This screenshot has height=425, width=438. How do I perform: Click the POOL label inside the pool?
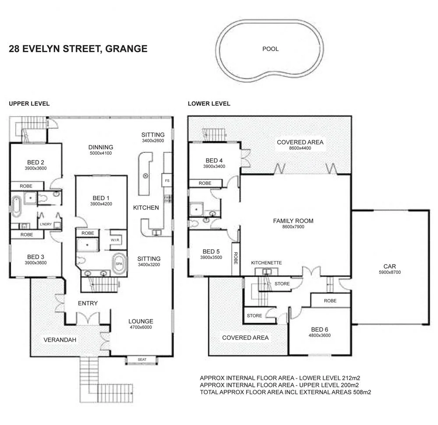tap(270, 49)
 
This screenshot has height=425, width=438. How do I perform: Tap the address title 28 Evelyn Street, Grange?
tap(78, 49)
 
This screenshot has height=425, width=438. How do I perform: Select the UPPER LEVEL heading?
tap(29, 104)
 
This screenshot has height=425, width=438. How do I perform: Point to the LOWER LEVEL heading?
tap(209, 104)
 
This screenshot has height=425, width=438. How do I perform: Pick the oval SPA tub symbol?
tap(119, 264)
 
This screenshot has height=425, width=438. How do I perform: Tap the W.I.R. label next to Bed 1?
tap(116, 240)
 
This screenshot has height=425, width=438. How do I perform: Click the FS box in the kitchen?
tap(166, 180)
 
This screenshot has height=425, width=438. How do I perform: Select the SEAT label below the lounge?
tap(142, 360)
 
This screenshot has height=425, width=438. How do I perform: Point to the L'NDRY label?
tap(46, 225)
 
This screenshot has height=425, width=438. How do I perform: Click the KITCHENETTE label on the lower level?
tap(266, 263)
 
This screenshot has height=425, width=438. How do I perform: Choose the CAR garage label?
tap(389, 266)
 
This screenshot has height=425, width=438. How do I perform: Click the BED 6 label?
tap(319, 329)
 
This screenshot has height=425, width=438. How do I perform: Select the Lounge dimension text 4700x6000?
tap(141, 327)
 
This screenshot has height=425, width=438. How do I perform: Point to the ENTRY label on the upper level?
tap(88, 303)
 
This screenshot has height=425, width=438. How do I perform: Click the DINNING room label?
tap(101, 147)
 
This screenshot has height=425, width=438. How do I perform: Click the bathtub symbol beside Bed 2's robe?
tap(17, 207)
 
